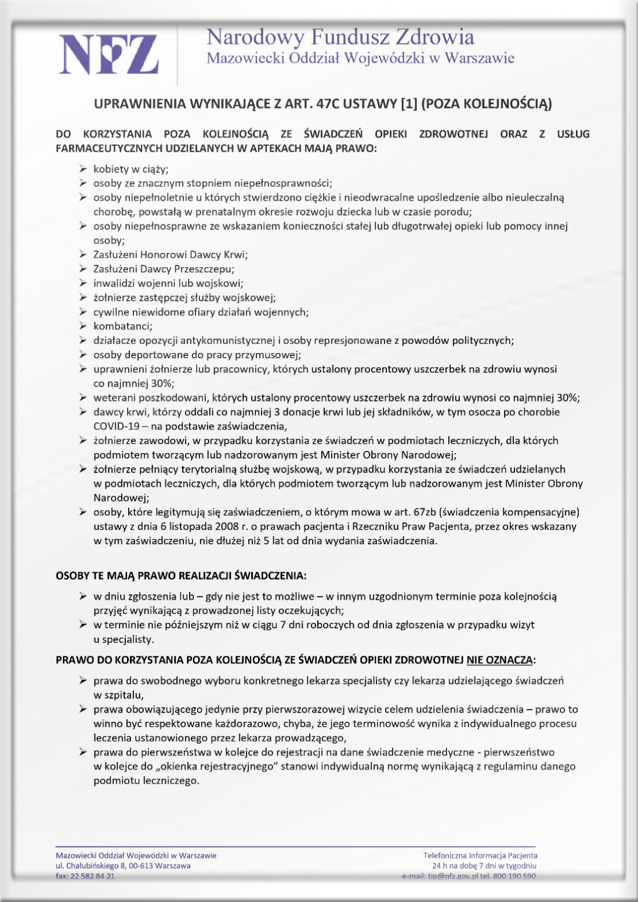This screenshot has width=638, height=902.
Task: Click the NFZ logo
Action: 108,54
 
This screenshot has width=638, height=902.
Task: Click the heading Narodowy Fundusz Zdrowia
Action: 340,37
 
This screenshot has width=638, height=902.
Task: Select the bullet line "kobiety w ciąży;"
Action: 131,169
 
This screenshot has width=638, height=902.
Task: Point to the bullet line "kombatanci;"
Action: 123,326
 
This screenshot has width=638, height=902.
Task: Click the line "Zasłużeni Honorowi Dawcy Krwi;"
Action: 171,254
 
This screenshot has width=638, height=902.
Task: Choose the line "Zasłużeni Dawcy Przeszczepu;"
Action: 164,269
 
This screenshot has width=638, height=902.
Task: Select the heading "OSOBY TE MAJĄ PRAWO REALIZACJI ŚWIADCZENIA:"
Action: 181,576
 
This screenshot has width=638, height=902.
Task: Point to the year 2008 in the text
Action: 227,527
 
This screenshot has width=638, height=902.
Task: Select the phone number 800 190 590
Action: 514,876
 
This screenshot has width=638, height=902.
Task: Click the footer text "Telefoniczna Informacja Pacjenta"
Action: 480,855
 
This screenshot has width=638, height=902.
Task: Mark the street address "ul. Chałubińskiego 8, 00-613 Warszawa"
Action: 123,865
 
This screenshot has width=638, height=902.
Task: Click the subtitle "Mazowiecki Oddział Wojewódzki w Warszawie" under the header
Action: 360,58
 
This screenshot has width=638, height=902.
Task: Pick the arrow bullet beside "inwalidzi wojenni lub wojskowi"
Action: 84,283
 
